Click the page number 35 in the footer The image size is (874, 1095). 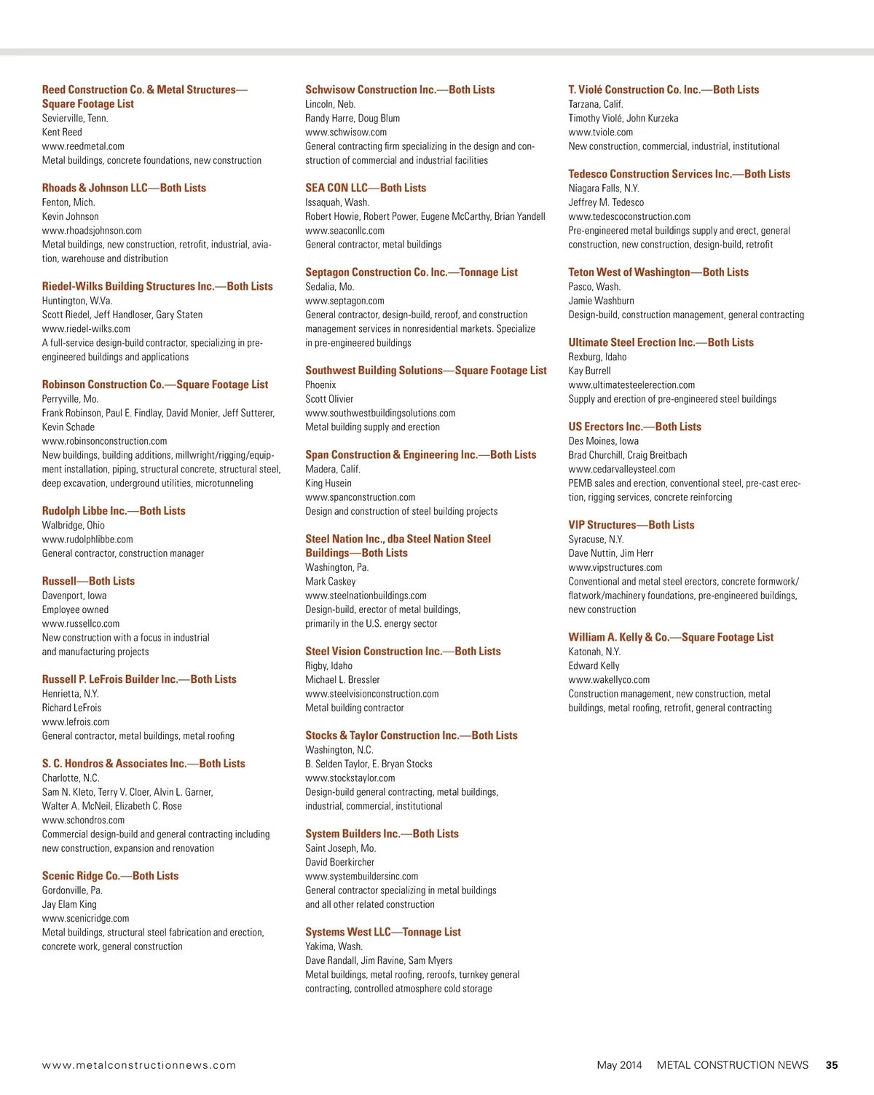(831, 1064)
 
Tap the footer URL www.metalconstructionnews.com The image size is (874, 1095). (139, 1065)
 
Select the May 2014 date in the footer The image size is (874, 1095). (619, 1064)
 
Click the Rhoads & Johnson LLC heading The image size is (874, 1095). (124, 188)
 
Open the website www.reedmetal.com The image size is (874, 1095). (83, 146)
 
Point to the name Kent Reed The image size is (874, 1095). (62, 132)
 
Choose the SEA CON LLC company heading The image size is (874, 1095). (366, 188)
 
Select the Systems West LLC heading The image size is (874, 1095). (383, 932)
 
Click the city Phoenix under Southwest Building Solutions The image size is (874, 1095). (320, 384)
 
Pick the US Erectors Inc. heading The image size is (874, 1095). (634, 427)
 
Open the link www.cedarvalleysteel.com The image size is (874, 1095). (621, 469)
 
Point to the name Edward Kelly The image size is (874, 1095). (594, 665)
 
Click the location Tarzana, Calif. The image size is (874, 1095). (596, 104)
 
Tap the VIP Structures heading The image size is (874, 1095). (631, 525)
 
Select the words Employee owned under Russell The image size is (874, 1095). (75, 609)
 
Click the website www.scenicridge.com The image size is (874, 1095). (85, 918)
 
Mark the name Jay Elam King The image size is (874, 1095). (69, 904)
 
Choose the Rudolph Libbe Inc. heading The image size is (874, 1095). (114, 511)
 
